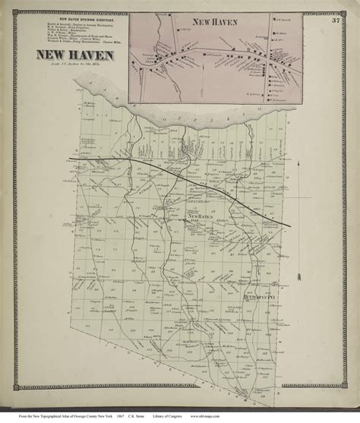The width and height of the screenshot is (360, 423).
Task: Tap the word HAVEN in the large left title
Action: click(x=90, y=55)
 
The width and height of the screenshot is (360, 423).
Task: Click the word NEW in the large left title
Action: click(x=46, y=55)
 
